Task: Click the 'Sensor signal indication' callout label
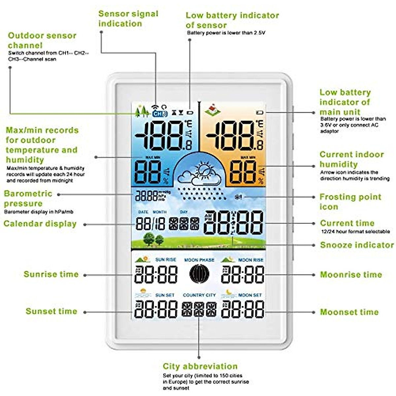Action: tap(128, 18)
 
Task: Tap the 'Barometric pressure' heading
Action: tap(28, 198)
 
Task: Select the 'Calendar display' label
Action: tap(40, 224)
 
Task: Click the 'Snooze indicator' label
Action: tap(357, 245)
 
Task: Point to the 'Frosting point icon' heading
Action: tap(350, 202)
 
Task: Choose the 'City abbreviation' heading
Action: tap(200, 366)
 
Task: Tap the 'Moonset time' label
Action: tap(349, 312)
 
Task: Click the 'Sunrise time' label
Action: tap(51, 274)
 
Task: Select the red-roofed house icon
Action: tap(212, 110)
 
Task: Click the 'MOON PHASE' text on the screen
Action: tap(199, 260)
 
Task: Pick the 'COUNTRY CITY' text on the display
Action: tap(199, 295)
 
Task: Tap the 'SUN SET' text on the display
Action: tap(165, 295)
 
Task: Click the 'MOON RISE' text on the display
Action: tap(250, 260)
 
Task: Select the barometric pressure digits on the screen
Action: tap(147, 196)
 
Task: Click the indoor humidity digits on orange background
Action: tap(243, 173)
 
